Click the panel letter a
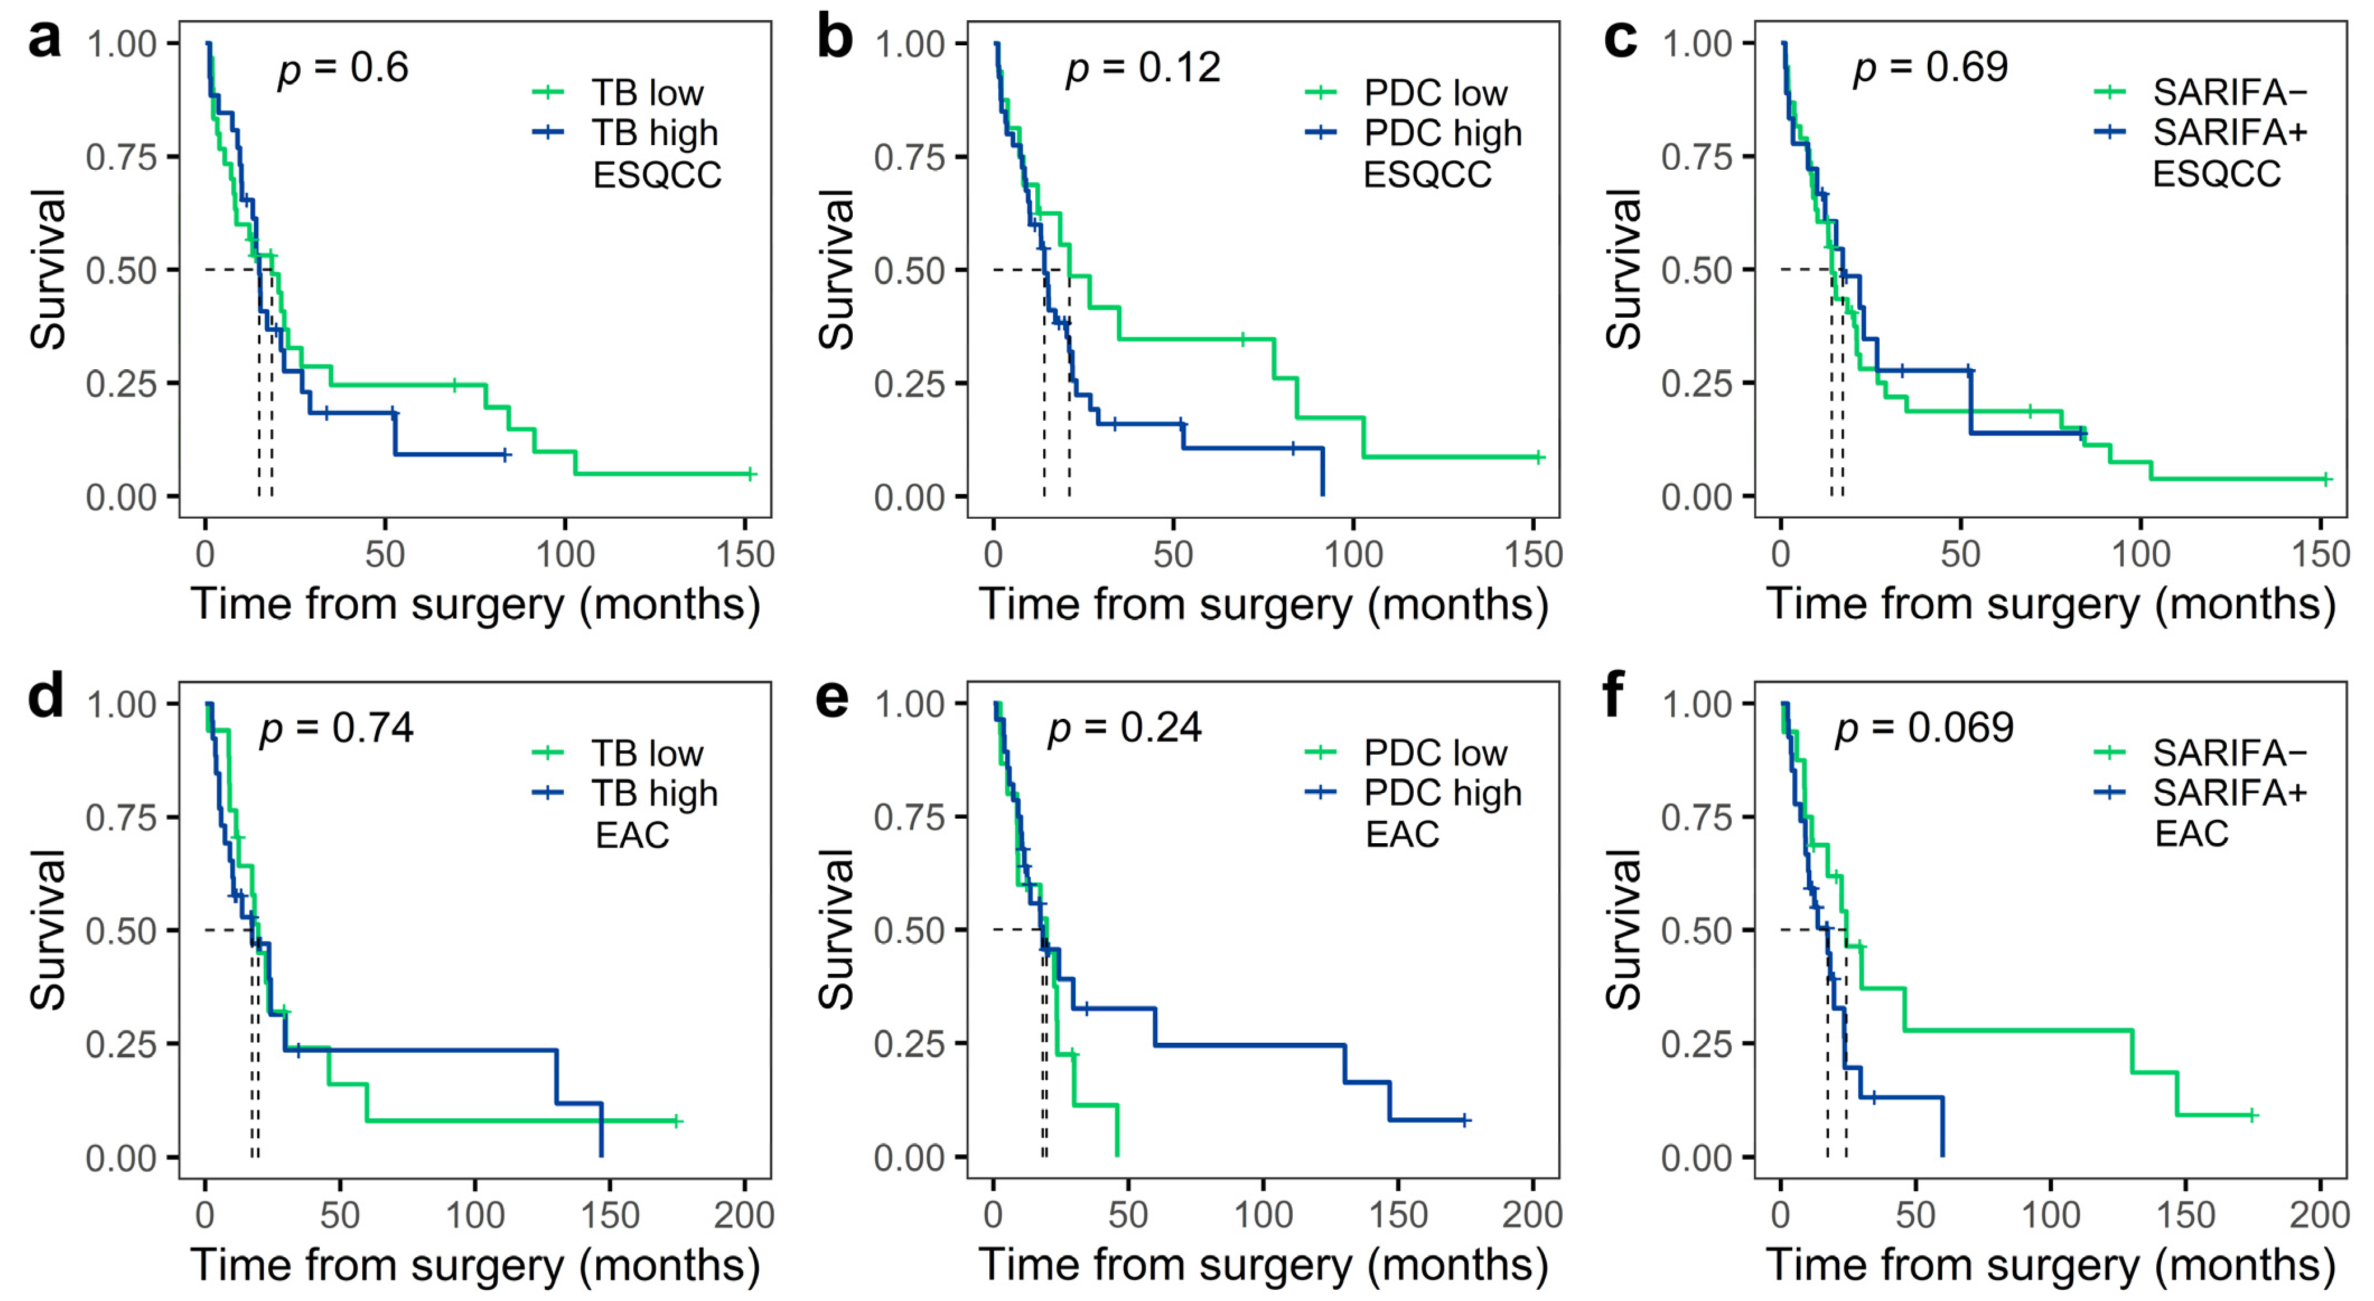pyautogui.click(x=44, y=40)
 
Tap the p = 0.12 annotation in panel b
pyautogui.click(x=1143, y=68)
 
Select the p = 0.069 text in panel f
pyautogui.click(x=1924, y=728)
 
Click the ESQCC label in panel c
pyautogui.click(x=2217, y=174)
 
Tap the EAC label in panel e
pyautogui.click(x=1402, y=834)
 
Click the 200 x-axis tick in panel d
pyautogui.click(x=744, y=1215)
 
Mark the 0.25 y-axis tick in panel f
pyautogui.click(x=1697, y=1045)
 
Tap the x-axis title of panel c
pyautogui.click(x=2050, y=605)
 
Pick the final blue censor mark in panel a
pyautogui.click(x=505, y=454)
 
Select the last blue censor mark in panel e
pyautogui.click(x=1464, y=1120)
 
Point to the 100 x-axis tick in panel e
pyautogui.click(x=1263, y=1215)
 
